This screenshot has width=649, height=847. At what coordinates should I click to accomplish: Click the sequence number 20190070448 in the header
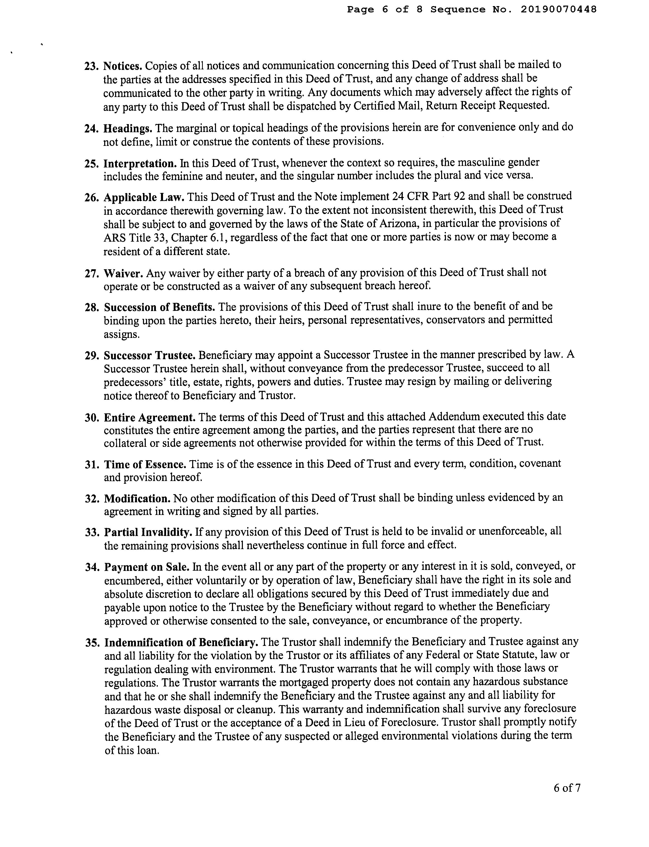click(x=558, y=9)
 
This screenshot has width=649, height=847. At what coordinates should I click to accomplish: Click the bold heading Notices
click(x=122, y=66)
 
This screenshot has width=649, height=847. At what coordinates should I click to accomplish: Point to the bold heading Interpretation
click(x=140, y=164)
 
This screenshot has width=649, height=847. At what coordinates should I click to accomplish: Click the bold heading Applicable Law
click(x=144, y=197)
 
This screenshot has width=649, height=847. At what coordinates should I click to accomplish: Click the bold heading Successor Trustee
click(x=150, y=355)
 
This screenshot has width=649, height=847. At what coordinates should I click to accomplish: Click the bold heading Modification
click(x=137, y=498)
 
